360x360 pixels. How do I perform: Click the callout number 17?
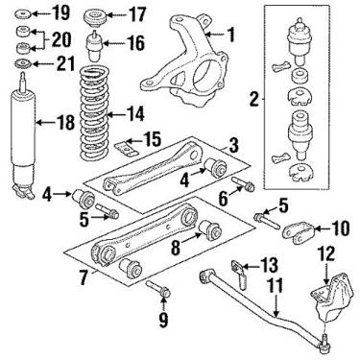(x=136, y=14)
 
